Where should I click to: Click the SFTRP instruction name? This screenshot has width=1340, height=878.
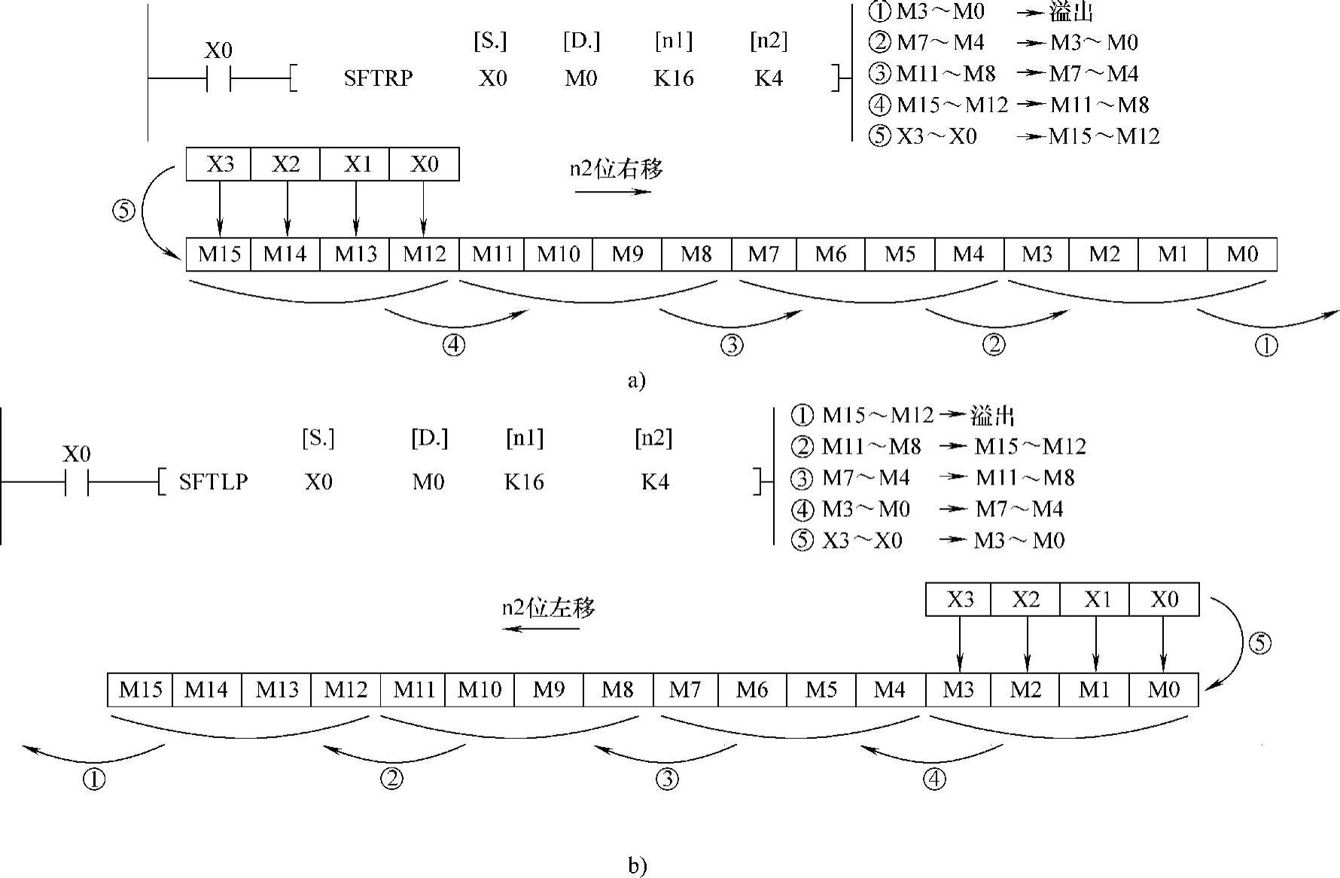click(378, 78)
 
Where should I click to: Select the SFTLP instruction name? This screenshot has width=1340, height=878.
click(213, 482)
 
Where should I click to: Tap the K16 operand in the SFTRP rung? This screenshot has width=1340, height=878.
click(673, 78)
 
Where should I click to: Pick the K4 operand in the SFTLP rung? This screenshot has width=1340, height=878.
click(654, 482)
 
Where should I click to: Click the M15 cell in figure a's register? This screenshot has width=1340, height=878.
click(219, 254)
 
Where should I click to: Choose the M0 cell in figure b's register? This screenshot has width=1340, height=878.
click(1163, 689)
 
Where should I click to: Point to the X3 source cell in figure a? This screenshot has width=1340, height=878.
click(219, 164)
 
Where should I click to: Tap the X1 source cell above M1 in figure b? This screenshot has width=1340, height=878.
click(1095, 600)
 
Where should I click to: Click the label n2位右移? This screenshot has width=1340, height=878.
click(616, 169)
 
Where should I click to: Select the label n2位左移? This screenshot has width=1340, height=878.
click(548, 607)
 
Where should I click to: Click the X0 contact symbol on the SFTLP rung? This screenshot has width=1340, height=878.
click(77, 482)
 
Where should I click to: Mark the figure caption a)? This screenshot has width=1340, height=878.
click(636, 381)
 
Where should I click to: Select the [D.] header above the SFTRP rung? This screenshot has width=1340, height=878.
click(581, 42)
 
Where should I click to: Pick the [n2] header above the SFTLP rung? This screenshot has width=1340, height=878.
click(653, 439)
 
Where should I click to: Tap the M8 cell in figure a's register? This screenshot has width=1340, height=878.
click(696, 254)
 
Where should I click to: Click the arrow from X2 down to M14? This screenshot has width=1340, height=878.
click(287, 208)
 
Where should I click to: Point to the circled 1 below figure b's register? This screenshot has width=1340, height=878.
click(94, 779)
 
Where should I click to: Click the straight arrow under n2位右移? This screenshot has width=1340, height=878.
click(613, 192)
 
